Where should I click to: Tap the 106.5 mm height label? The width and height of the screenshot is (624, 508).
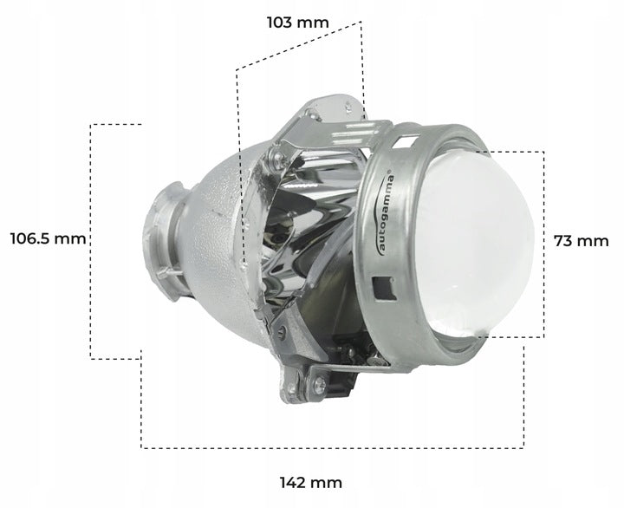point(48,238)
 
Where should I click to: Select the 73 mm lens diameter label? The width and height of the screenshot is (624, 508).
point(582,241)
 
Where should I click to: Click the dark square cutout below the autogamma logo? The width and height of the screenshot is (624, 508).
point(378,285)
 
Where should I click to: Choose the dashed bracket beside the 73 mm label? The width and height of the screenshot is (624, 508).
point(543,243)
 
